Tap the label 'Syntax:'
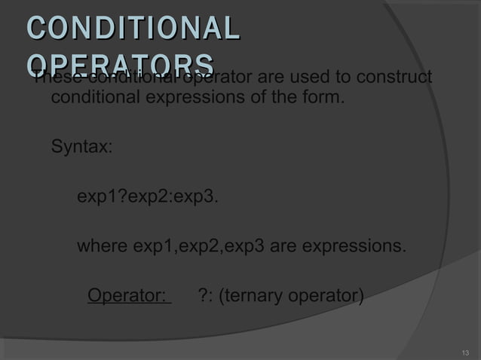coord(81,146)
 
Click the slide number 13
coord(464,352)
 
